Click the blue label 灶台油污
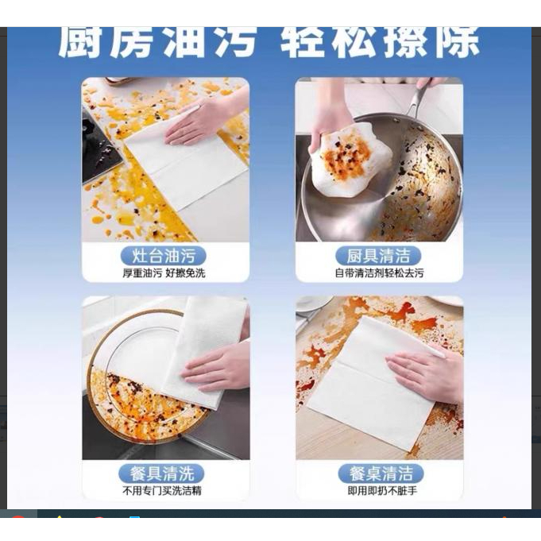coord(163,256)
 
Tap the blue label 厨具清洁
coord(378,256)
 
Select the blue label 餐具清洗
coord(161,473)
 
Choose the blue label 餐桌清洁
coord(381,473)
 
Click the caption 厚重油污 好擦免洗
coord(164,273)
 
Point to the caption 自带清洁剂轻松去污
coord(379,273)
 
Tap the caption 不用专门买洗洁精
coord(162,491)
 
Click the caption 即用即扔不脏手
coord(382,491)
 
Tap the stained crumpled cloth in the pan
coord(349,160)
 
